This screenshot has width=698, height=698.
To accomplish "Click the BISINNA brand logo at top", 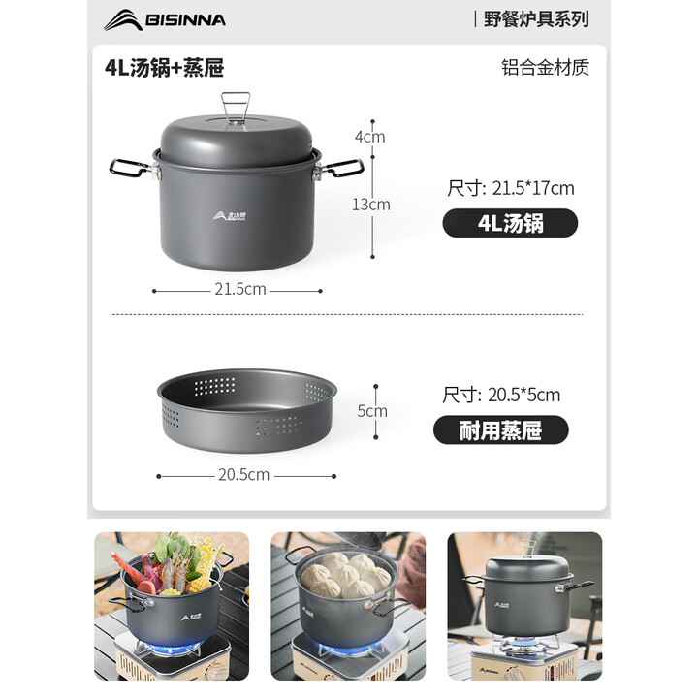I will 165,19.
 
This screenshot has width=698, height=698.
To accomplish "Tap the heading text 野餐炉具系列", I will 536,18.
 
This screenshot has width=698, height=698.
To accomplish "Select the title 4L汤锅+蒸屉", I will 165,67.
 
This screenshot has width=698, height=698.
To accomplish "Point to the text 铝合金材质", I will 545,67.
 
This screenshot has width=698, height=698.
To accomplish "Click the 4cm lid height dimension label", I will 369,137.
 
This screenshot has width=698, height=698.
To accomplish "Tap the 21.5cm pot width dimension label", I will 238,289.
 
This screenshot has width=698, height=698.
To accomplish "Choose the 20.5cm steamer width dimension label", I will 243,475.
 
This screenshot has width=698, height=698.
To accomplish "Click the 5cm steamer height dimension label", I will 372,411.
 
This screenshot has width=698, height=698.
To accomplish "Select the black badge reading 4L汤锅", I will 510,223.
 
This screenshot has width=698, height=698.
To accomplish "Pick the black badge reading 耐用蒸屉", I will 500,429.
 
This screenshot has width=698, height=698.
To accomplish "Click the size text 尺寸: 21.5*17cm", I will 510,188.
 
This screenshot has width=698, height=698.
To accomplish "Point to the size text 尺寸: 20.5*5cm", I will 500,395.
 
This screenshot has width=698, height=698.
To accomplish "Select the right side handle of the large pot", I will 341,170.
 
